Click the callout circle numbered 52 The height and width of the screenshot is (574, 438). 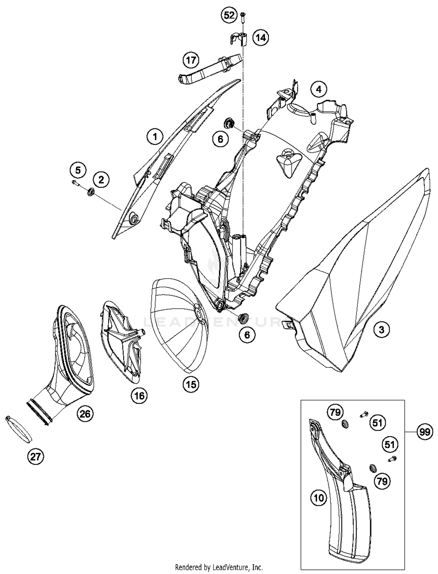tap(229, 15)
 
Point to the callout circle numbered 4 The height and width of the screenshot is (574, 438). tap(319, 89)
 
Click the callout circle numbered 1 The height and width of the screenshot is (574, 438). tap(155, 136)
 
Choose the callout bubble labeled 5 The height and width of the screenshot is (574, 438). tap(78, 170)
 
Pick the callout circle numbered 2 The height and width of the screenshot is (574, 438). tap(101, 180)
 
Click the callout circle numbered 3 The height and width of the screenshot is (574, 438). tap(381, 330)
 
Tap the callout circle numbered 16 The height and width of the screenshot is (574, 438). tap(139, 396)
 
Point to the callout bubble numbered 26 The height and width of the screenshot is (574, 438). tap(85, 414)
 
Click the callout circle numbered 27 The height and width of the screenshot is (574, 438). tap(35, 456)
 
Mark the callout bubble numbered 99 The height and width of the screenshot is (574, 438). tap(424, 432)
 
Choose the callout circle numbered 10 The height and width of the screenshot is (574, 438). tap(319, 497)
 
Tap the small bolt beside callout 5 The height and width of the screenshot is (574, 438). tap(75, 183)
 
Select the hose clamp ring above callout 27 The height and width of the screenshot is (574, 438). tap(19, 429)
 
